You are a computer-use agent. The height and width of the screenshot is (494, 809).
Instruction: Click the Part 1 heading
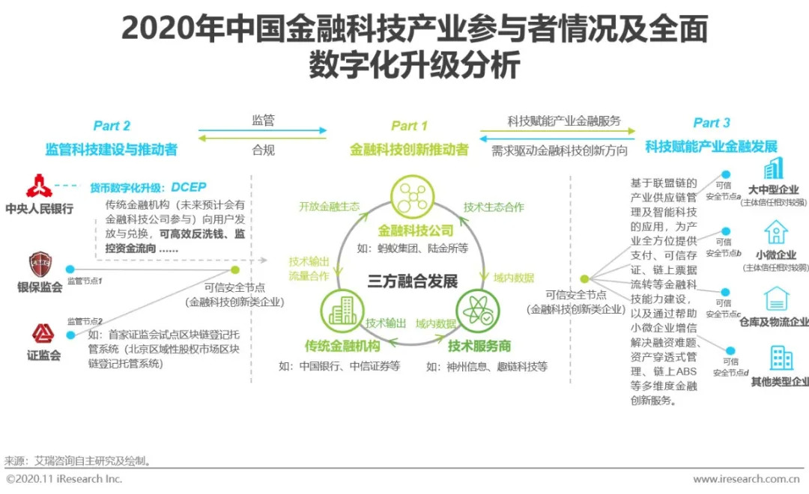pyautogui.click(x=409, y=126)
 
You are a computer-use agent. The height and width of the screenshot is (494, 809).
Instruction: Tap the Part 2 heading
pyautogui.click(x=112, y=126)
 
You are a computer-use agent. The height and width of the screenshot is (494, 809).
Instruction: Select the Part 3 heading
pyautogui.click(x=711, y=124)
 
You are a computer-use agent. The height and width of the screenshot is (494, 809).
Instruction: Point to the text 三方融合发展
pyautogui.click(x=412, y=281)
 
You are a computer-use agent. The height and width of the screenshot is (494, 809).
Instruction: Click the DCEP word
pyautogui.click(x=188, y=187)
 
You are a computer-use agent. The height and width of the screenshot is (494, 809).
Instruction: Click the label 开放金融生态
pyautogui.click(x=329, y=207)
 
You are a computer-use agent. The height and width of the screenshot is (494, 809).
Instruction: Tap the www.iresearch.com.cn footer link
pyautogui.click(x=745, y=479)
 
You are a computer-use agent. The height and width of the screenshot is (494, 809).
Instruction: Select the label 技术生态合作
pyautogui.click(x=494, y=207)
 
